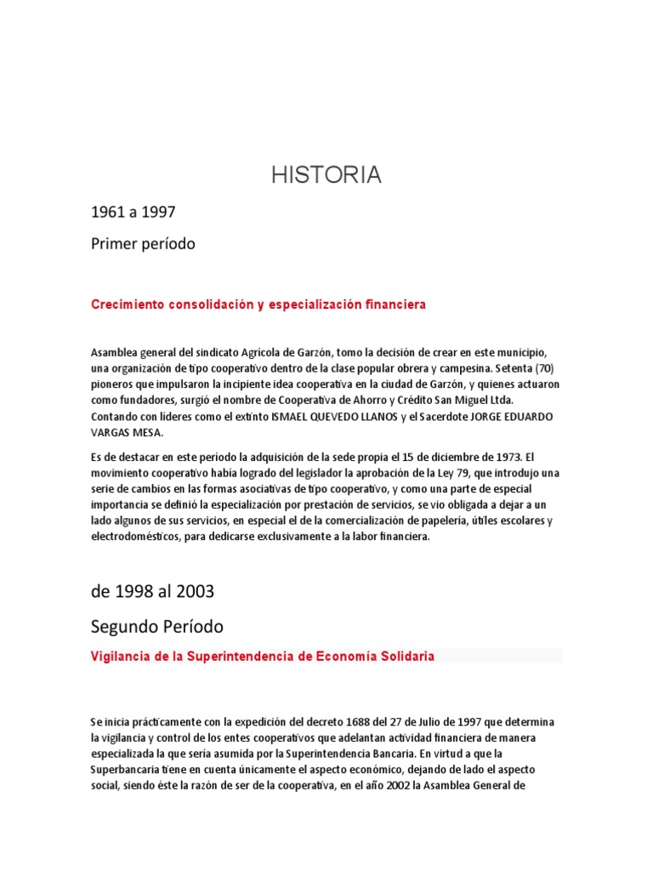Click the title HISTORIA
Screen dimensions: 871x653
point(326,175)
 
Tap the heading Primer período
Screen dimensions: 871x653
point(143,244)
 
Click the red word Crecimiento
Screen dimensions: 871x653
point(127,305)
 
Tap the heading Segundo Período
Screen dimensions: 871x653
point(157,627)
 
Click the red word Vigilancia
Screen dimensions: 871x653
point(123,657)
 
